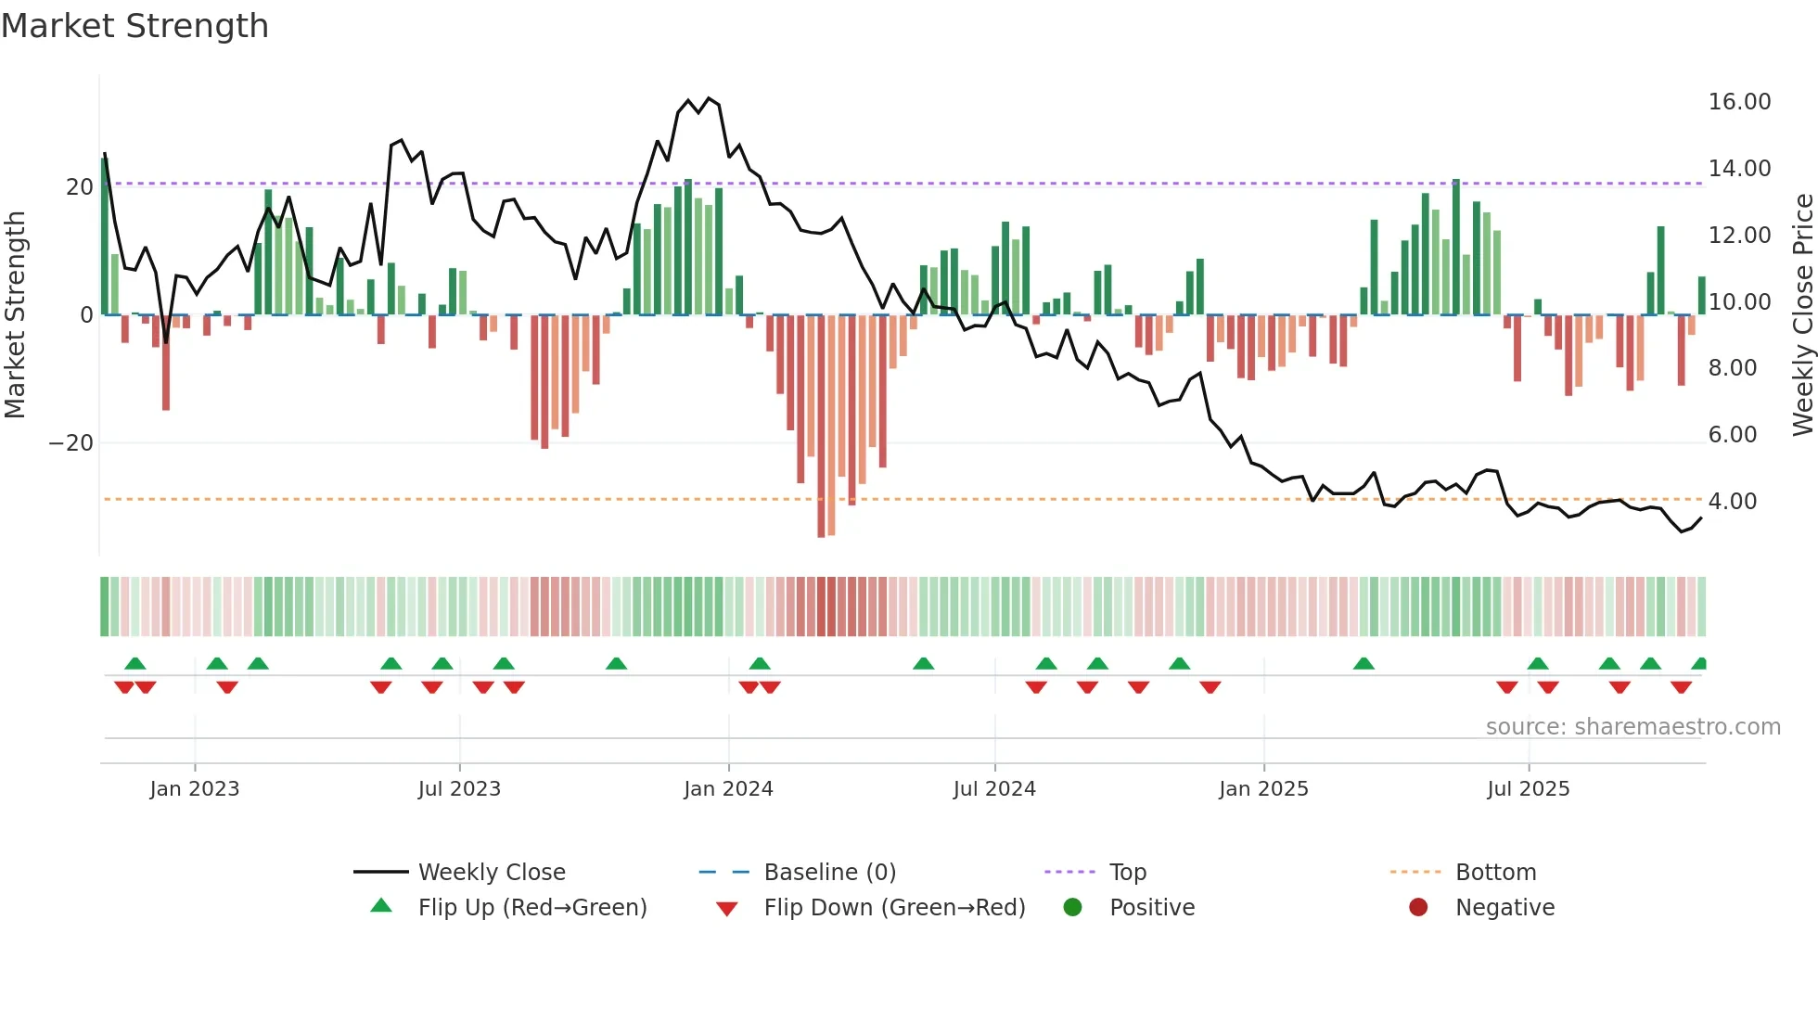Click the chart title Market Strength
coord(134,26)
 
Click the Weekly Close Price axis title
coord(1802,314)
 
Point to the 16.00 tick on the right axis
coord(1739,102)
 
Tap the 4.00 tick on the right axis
coord(1732,502)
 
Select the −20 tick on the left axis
coord(71,443)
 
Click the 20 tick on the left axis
coord(80,187)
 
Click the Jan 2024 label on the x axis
coord(728,789)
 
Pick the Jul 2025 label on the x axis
coord(1528,789)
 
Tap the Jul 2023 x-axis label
coord(459,789)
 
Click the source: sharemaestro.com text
coord(1632,727)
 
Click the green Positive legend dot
coord(1072,908)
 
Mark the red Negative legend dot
coord(1418,908)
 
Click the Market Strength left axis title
coord(16,314)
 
